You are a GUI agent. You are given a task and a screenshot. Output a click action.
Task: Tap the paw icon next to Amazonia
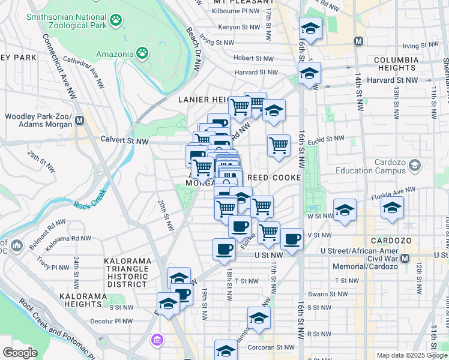[142, 54]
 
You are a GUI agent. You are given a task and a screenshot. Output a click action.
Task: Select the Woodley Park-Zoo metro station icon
[79, 119]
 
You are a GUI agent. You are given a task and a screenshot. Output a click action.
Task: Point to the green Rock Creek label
[91, 199]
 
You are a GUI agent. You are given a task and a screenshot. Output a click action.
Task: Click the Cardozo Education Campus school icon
[414, 164]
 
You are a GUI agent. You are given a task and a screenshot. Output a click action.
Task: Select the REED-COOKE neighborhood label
[273, 178]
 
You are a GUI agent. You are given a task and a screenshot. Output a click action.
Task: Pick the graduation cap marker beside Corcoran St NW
[226, 350]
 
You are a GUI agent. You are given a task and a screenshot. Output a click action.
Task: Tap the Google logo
[20, 353]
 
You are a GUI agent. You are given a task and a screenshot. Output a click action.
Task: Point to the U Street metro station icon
[405, 259]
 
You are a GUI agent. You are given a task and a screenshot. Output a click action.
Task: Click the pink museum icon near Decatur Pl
[157, 341]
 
